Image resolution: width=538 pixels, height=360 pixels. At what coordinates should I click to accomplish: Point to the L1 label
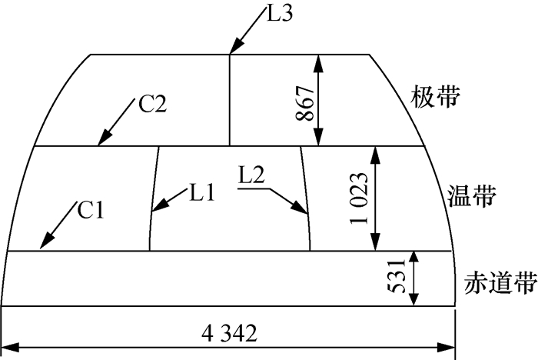tap(203, 194)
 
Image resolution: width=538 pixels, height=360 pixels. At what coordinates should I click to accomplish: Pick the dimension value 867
tap(304, 100)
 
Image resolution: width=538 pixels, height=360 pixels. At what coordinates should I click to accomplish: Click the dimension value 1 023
tap(358, 198)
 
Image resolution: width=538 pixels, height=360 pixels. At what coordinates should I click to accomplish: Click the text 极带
tap(436, 98)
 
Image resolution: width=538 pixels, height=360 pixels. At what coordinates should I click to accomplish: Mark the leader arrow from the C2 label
tap(115, 125)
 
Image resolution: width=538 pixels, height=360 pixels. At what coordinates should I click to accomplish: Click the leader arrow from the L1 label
tap(168, 202)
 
